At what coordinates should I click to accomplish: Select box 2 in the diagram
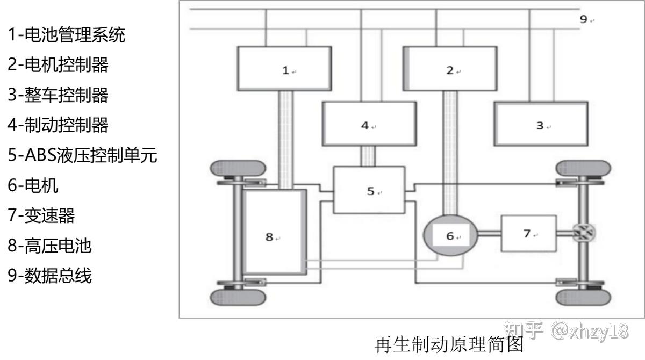click(x=449, y=68)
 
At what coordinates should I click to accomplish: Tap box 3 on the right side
click(x=540, y=124)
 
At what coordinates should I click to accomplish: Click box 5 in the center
click(x=369, y=190)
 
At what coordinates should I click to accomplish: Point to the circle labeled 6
click(x=450, y=235)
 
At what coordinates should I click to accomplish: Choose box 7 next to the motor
click(x=528, y=233)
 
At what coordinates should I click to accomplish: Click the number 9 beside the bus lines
click(x=584, y=19)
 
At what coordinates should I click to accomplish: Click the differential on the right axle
click(x=583, y=233)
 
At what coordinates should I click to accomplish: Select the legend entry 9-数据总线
click(x=50, y=276)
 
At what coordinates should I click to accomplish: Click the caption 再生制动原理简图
click(x=448, y=344)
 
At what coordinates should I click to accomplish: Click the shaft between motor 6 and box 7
click(x=489, y=233)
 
